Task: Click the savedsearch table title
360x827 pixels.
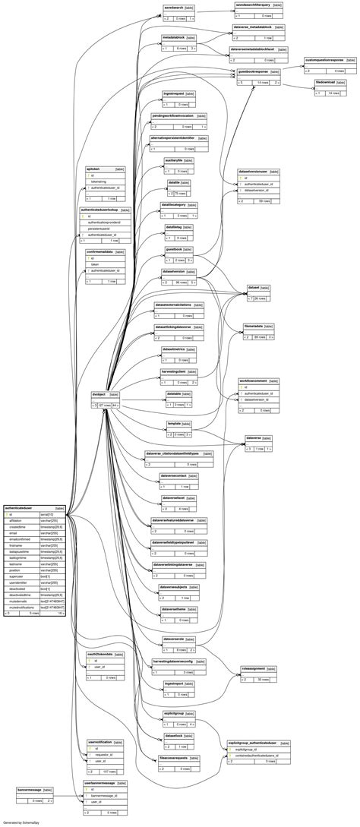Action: pyautogui.click(x=175, y=8)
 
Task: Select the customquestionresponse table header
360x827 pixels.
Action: pyautogui.click(x=324, y=59)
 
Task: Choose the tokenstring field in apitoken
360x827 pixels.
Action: pyautogui.click(x=99, y=181)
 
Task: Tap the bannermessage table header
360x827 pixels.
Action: pyautogui.click(x=30, y=790)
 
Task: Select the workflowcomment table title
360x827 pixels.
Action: pyautogui.click(x=254, y=380)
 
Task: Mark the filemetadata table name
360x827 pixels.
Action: pyautogui.click(x=254, y=325)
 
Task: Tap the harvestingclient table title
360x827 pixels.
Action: pyautogui.click(x=174, y=371)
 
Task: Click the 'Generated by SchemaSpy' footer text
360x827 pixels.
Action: pyautogui.click(x=21, y=822)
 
